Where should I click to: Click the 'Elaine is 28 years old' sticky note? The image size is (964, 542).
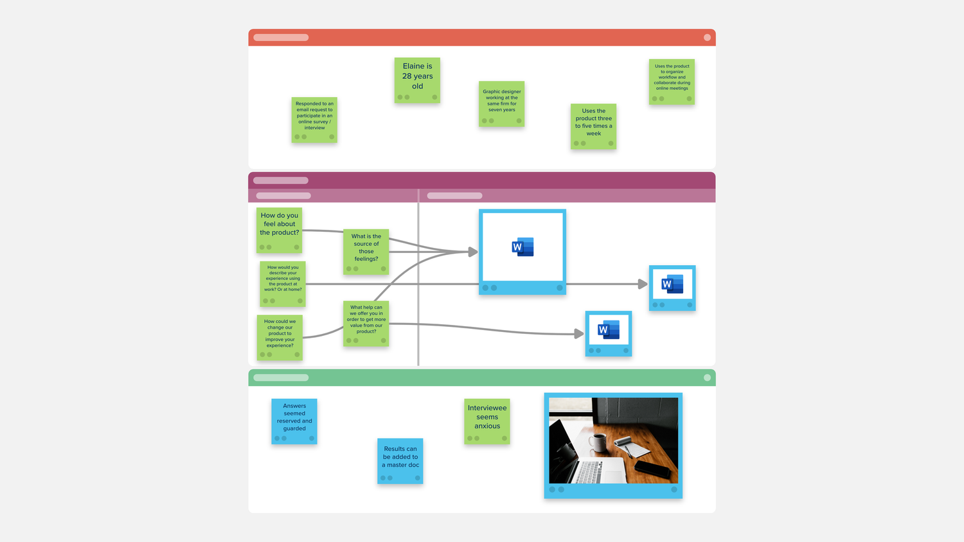point(417,80)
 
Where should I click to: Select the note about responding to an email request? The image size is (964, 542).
point(314,119)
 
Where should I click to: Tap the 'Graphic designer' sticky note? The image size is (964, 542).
point(501,104)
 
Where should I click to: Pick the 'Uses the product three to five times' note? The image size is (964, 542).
point(593,127)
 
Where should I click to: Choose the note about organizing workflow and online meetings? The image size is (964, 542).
point(672,82)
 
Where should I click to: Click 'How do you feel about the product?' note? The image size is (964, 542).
point(280,231)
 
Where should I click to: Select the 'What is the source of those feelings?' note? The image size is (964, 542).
point(366,252)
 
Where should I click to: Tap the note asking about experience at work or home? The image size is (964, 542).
point(283,284)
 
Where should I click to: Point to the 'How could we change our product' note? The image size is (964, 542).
point(280,338)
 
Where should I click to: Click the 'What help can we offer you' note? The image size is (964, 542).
point(366,324)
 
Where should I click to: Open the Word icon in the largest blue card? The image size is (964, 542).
point(523,247)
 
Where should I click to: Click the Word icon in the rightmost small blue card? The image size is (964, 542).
point(672,284)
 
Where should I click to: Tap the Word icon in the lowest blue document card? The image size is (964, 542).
point(609,329)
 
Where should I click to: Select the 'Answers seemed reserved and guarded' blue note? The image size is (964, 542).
point(294,421)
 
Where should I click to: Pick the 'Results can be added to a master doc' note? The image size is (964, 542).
point(400,461)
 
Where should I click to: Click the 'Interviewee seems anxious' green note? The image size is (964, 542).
point(487,421)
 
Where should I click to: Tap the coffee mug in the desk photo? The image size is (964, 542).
point(597,443)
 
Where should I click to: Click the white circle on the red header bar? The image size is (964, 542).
point(707,37)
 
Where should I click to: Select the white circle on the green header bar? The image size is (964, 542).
point(707,378)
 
